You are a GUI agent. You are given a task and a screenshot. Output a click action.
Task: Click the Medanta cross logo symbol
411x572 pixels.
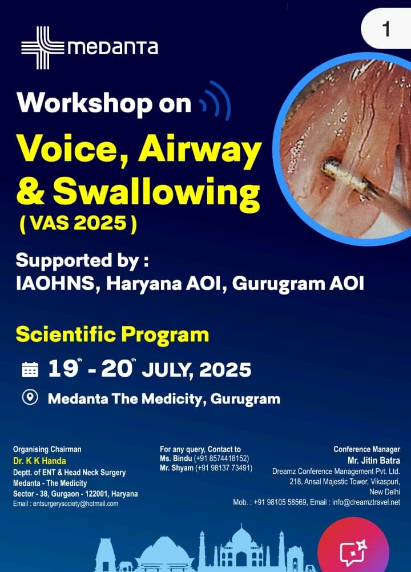click(43, 47)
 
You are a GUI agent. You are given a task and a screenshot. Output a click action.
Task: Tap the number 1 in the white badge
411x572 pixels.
click(386, 29)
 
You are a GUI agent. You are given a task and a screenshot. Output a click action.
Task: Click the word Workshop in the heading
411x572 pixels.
click(84, 103)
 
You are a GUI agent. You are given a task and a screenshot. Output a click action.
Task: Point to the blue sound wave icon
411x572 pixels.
click(216, 101)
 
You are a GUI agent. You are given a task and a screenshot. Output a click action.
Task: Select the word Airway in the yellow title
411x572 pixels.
click(200, 151)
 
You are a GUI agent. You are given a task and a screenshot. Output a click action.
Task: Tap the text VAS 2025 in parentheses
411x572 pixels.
click(78, 223)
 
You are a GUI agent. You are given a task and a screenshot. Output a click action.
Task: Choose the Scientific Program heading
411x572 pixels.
click(112, 335)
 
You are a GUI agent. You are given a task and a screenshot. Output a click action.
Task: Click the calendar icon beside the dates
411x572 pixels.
click(30, 369)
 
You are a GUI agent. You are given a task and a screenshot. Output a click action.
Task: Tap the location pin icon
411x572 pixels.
click(30, 397)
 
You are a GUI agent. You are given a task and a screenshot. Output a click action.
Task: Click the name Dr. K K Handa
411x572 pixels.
click(39, 461)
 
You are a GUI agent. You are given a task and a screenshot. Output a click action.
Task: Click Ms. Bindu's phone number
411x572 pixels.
click(221, 458)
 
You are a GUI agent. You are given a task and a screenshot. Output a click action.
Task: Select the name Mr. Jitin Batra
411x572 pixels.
click(374, 460)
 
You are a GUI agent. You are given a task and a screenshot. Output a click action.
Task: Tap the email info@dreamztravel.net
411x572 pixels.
click(366, 502)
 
